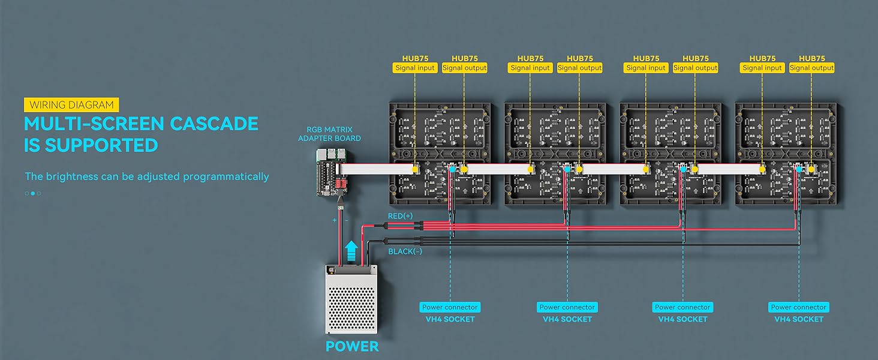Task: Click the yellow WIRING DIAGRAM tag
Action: (x=71, y=104)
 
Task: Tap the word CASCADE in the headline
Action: (x=214, y=124)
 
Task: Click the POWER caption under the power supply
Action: (x=352, y=346)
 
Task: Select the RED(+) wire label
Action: (x=401, y=215)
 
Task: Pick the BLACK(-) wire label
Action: (x=405, y=251)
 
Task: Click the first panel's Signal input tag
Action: (x=415, y=68)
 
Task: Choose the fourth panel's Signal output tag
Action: (x=811, y=68)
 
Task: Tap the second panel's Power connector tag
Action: (x=567, y=307)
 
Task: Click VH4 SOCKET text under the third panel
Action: (x=682, y=319)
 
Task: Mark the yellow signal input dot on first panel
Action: (x=415, y=170)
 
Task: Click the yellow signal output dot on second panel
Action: (x=580, y=170)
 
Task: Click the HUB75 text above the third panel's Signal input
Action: (x=646, y=58)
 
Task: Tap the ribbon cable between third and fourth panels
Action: (x=729, y=170)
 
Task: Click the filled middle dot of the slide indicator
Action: (x=33, y=193)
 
